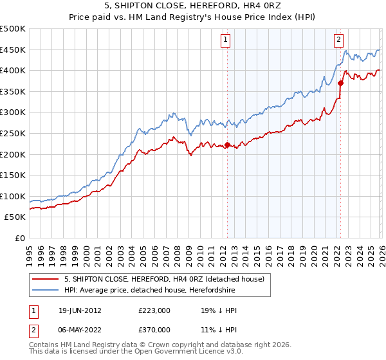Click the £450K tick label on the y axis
tap(13, 50)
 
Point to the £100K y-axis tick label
tap(13, 196)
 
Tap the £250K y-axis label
tap(13, 133)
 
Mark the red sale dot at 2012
tap(227, 145)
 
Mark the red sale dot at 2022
tap(340, 83)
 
